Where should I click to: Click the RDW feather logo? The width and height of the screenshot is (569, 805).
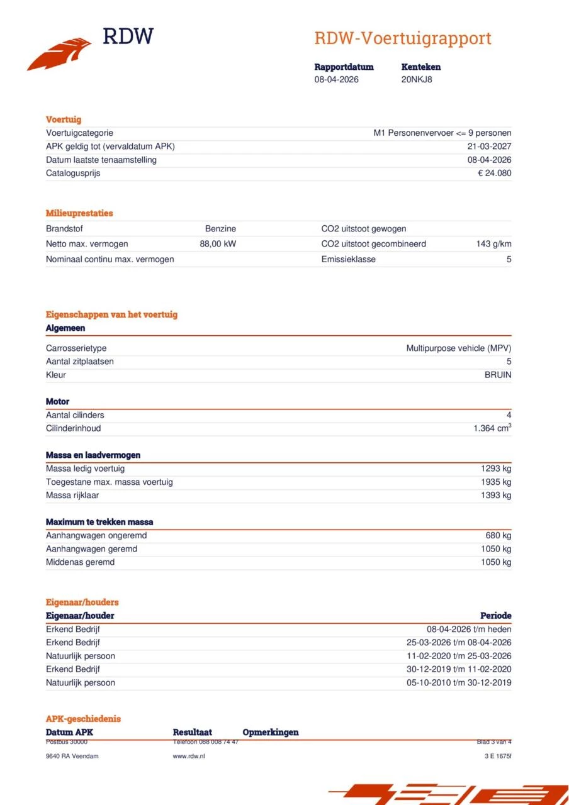pyautogui.click(x=60, y=54)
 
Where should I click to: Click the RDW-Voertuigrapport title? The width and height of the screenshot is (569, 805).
pyautogui.click(x=403, y=38)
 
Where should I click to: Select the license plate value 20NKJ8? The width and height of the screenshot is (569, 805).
pyautogui.click(x=417, y=79)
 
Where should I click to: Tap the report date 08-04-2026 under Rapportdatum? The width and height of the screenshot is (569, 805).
pyautogui.click(x=337, y=79)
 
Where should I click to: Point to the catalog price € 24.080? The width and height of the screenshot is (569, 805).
pyautogui.click(x=494, y=173)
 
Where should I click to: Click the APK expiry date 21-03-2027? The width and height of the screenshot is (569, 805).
pyautogui.click(x=489, y=147)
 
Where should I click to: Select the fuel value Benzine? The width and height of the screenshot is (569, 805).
pyautogui.click(x=220, y=229)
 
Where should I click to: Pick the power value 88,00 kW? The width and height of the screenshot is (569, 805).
pyautogui.click(x=218, y=244)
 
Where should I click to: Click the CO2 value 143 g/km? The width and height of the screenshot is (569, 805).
pyautogui.click(x=493, y=244)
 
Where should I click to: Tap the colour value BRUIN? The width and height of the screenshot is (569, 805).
pyautogui.click(x=497, y=375)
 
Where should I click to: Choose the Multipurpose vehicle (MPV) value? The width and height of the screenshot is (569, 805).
pyautogui.click(x=458, y=348)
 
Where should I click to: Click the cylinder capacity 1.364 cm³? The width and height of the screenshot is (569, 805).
pyautogui.click(x=492, y=428)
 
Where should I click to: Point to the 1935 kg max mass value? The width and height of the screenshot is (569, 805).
pyautogui.click(x=496, y=482)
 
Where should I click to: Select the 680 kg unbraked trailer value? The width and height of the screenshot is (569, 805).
pyautogui.click(x=499, y=536)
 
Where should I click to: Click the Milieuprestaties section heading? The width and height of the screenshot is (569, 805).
pyautogui.click(x=79, y=213)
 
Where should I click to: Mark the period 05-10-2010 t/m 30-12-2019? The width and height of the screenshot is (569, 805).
pyautogui.click(x=459, y=682)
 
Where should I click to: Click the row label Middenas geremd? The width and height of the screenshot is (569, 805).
pyautogui.click(x=80, y=562)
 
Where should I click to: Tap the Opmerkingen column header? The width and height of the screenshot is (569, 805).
pyautogui.click(x=271, y=732)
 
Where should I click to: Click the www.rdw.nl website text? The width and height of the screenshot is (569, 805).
pyautogui.click(x=189, y=756)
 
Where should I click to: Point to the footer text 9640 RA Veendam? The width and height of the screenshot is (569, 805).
pyautogui.click(x=72, y=756)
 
